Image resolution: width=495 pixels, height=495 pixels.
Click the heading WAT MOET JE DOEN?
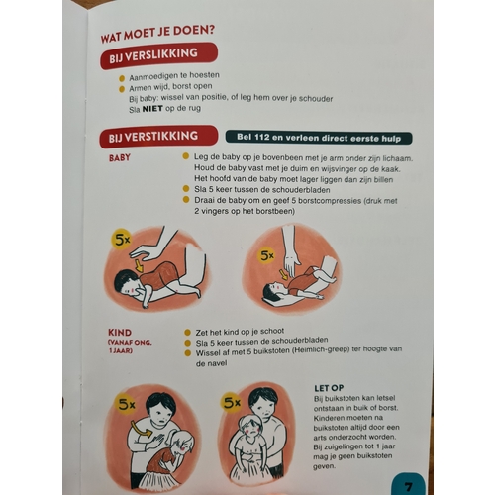157,34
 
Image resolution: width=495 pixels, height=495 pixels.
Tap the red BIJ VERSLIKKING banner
158,55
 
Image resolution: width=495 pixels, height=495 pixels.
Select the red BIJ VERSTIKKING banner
158,137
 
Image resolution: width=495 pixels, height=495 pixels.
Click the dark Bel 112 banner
319,138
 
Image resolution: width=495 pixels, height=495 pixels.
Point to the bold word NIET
152,109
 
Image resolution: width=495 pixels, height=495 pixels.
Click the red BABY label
120,157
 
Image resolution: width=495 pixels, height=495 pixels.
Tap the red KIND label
120,332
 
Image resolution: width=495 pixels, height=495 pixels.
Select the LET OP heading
329,388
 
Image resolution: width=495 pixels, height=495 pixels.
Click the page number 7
408,487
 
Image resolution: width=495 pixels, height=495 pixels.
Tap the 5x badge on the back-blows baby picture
122,240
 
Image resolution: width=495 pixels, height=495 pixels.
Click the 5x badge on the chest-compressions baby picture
267,255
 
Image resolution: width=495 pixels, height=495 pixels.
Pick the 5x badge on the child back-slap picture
127,404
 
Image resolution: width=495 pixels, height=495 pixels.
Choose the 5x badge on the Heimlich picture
232,403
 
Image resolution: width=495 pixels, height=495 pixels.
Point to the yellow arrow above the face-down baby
139,265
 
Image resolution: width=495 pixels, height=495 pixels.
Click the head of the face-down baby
127,283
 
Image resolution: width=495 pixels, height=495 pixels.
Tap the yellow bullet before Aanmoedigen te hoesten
122,78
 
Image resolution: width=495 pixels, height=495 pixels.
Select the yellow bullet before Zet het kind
187,333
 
